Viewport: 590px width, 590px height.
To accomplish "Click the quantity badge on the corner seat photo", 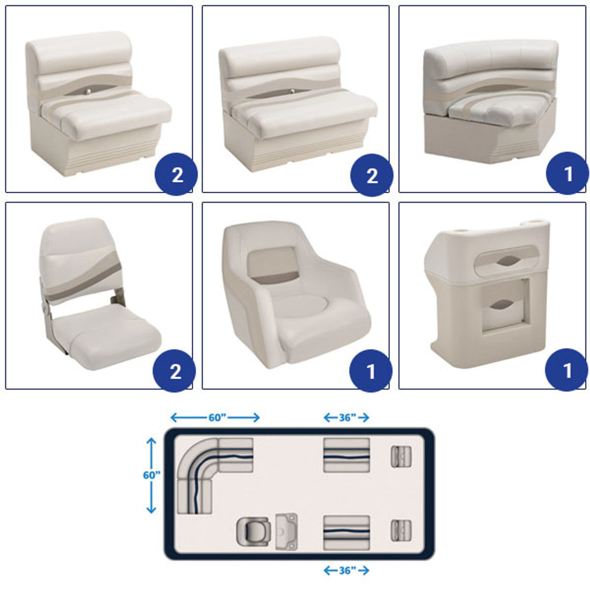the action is point(567,173).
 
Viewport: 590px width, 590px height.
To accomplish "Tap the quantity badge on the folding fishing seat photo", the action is point(174,371).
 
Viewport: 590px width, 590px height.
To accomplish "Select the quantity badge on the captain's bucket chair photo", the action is point(371,371).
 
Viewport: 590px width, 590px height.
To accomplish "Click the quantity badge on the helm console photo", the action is point(566,370).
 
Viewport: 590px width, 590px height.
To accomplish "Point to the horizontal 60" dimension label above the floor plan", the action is point(218,417).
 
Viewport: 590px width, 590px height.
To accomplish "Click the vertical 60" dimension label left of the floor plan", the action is point(152,475).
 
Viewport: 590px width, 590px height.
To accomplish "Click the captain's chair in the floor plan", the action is point(253,532).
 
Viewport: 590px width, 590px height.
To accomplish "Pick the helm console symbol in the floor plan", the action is point(286,531).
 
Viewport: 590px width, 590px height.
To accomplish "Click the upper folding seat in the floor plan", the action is point(401,456).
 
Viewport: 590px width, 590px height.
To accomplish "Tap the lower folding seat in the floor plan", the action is point(401,530).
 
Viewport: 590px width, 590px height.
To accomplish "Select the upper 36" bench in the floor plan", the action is point(347,455).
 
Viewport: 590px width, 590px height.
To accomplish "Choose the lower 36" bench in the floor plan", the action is point(347,532).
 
